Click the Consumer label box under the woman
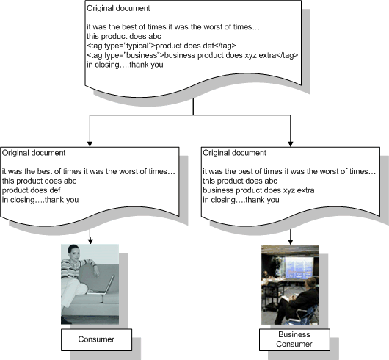point(96,339)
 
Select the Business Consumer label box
point(294,339)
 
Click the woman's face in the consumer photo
point(74,253)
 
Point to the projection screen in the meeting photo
point(299,268)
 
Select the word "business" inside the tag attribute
point(142,55)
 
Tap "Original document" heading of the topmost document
point(118,8)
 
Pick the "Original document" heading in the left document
point(34,153)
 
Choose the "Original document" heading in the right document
point(234,153)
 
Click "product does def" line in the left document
point(32,190)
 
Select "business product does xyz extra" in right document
point(258,190)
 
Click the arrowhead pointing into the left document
point(90,144)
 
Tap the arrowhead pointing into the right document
point(290,144)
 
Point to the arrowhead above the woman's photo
point(90,241)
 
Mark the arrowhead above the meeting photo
point(291,242)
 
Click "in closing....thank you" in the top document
point(125,65)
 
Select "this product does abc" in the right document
point(240,181)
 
